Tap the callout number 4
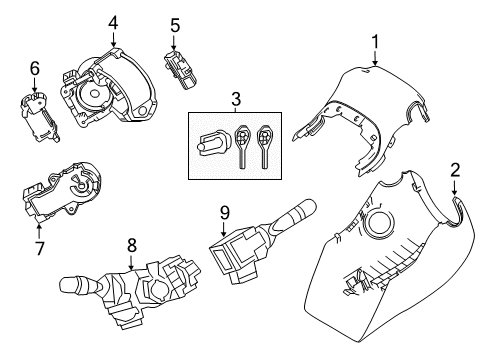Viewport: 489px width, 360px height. (113, 21)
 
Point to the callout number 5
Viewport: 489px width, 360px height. (174, 24)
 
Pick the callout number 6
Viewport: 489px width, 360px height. (34, 69)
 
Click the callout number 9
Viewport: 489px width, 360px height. (226, 211)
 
